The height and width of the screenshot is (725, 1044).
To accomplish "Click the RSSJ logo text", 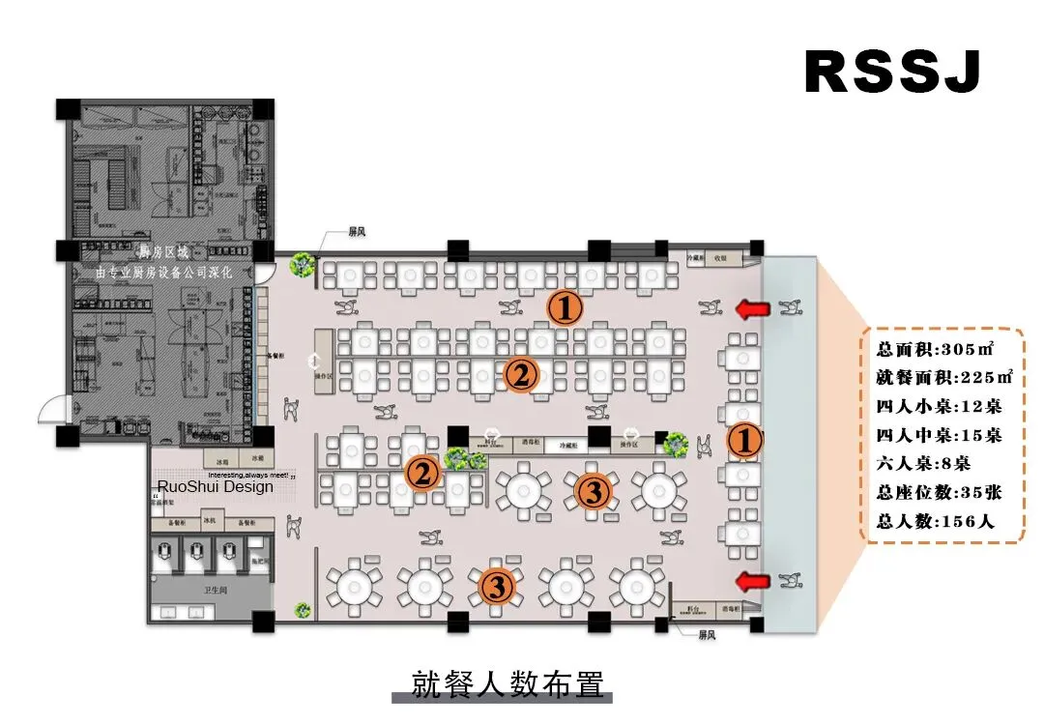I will point(892,72).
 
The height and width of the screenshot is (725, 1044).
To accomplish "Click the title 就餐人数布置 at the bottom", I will point(507,683).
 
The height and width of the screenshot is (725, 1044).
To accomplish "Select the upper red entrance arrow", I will point(755,309).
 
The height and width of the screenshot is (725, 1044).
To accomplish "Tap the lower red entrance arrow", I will point(755,580).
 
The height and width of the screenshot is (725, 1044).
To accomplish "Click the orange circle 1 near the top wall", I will point(565,308).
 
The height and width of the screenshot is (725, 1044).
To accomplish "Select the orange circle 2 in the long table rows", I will point(520,374).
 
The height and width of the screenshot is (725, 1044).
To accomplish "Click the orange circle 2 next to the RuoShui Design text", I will point(422,474).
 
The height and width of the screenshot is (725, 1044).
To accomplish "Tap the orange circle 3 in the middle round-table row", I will point(593,492).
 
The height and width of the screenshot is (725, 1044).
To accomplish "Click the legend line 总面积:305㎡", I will point(936,348).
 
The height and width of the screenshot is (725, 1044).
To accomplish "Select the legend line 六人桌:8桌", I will point(923,463).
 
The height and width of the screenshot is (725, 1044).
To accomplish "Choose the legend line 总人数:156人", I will point(936,521).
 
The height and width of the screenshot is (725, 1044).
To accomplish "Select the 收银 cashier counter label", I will point(721,258).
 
